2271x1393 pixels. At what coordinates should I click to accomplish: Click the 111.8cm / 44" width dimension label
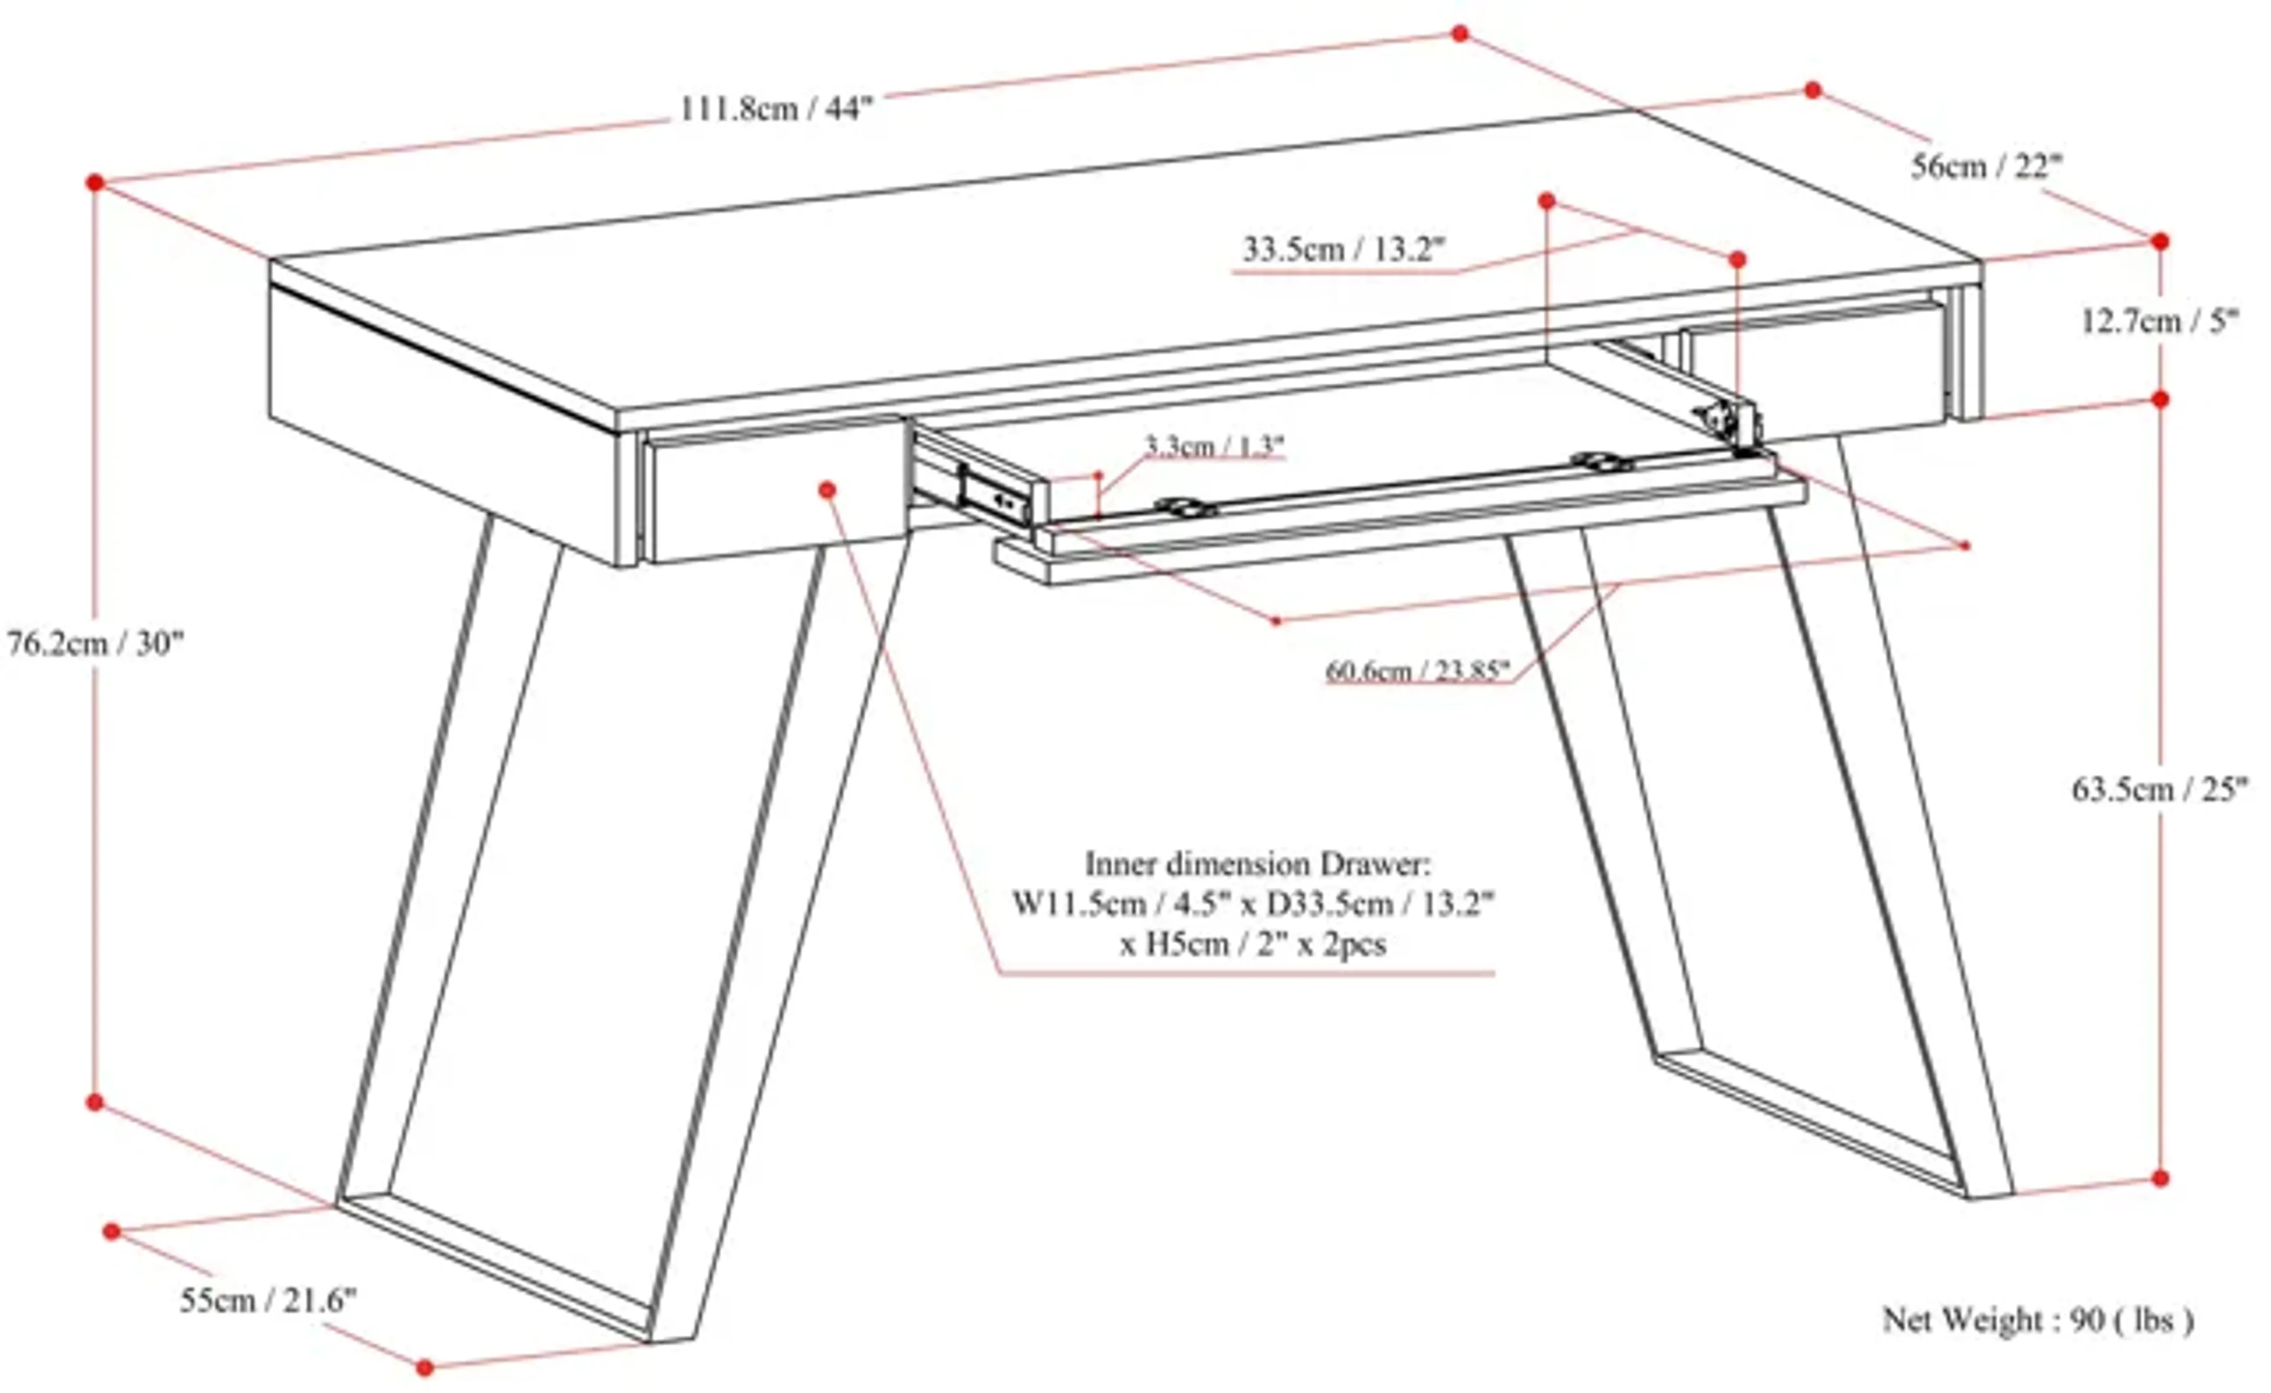point(775,109)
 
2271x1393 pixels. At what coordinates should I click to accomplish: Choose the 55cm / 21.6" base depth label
point(267,1301)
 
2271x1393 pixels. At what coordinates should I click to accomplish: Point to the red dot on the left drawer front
point(827,490)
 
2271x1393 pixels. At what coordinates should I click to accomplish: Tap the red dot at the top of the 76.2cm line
point(95,183)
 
